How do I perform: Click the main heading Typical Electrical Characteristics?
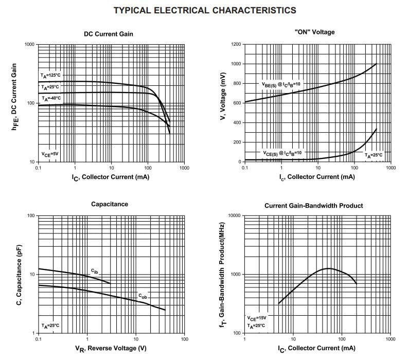tap(204, 10)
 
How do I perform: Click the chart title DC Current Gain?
tap(109, 34)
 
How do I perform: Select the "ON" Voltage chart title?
tap(314, 32)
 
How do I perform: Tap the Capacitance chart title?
tap(110, 204)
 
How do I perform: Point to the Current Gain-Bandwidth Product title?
tap(313, 206)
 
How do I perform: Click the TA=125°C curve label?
tap(50, 76)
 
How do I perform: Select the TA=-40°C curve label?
tap(51, 98)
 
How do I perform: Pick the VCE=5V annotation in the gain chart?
tap(50, 153)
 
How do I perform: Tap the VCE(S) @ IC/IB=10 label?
tap(282, 153)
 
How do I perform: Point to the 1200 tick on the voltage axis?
tap(235, 45)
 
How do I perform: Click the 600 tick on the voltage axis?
tap(236, 103)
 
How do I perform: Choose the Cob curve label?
tap(142, 296)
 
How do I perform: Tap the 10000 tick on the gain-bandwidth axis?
tap(234, 215)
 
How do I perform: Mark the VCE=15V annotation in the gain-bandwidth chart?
tap(256, 318)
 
